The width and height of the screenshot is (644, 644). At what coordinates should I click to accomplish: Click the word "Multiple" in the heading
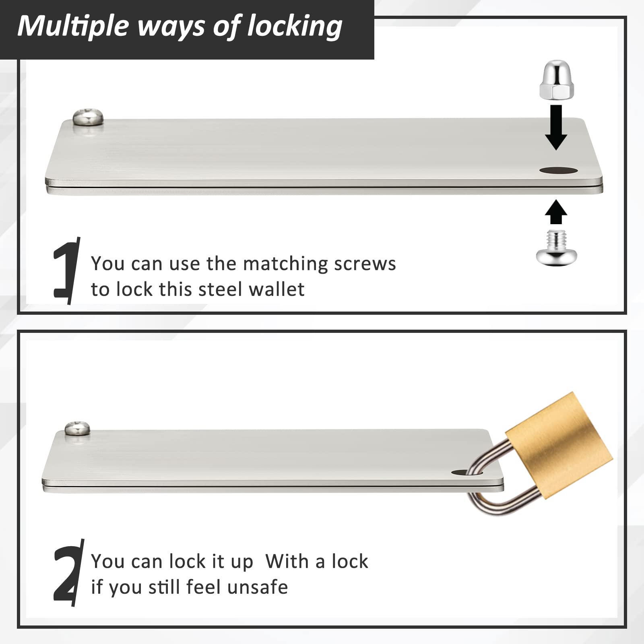[x=73, y=26]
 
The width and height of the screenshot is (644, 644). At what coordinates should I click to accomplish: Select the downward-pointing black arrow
[x=556, y=127]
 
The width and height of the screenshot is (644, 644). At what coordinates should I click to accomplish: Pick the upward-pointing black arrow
[x=556, y=212]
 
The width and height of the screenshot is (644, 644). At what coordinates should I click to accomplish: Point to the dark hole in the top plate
[x=558, y=171]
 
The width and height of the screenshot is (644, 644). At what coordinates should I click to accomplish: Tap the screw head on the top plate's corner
[x=88, y=117]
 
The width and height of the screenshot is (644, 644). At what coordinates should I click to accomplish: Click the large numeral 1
[x=66, y=270]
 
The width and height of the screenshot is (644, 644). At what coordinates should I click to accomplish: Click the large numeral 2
[x=67, y=574]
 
